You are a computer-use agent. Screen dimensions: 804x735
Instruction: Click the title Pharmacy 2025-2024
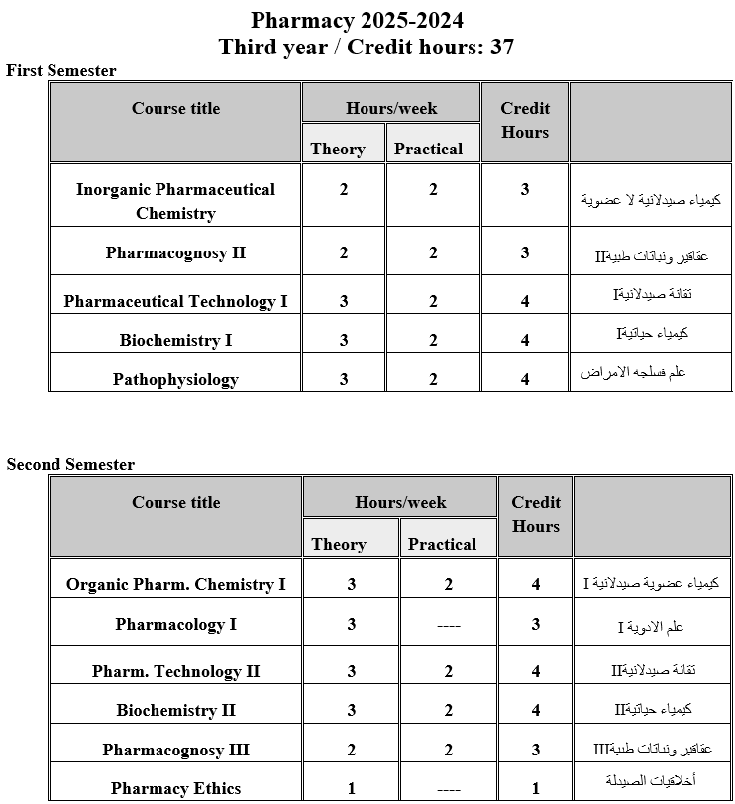357,20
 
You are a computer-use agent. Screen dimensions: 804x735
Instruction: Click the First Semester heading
61,70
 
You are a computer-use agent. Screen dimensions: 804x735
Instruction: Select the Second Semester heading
70,464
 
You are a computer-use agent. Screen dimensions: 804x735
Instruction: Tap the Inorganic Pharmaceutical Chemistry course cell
175,201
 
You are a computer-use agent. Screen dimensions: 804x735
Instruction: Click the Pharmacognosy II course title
175,252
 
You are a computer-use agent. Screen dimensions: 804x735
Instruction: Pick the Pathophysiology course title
175,379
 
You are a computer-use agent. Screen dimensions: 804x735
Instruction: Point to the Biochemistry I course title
175,340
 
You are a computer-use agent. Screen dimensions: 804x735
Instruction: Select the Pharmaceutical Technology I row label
175,301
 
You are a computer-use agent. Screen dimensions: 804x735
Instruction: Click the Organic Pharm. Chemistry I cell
175,584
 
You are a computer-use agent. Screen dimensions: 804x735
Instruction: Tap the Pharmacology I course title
175,624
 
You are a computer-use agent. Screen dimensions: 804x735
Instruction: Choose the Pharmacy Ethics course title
175,788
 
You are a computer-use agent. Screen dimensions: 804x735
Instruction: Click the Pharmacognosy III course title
175,750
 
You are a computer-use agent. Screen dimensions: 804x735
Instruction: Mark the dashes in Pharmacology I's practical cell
448,625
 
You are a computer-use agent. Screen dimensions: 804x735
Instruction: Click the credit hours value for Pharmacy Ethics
536,788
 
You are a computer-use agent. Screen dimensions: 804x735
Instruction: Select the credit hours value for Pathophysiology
525,379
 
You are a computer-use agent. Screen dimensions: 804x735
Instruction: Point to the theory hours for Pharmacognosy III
352,750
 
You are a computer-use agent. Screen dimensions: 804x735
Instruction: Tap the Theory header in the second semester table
339,544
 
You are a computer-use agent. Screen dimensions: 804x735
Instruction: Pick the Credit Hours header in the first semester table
525,120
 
